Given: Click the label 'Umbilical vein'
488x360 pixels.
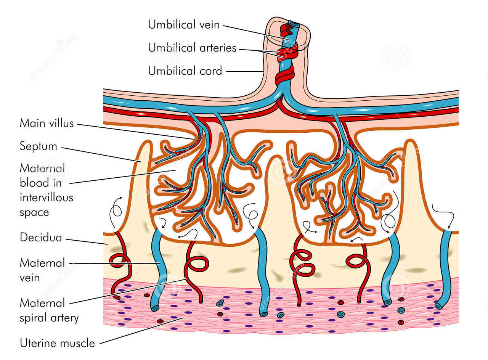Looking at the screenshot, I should click(184, 25).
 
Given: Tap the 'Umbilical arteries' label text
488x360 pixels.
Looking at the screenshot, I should click(192, 48).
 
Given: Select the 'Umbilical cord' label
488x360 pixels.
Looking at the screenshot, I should click(185, 71).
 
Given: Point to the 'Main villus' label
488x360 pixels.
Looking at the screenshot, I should click(47, 123).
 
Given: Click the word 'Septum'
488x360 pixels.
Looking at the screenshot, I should click(39, 146).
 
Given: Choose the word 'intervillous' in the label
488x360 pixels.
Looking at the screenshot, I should click(47, 198).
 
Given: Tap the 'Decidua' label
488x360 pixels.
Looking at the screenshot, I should click(41, 238).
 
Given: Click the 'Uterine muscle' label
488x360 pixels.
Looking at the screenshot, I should click(57, 343).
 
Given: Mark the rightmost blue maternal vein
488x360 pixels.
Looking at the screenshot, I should click(445, 267).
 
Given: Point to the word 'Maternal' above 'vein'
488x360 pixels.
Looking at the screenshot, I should click(42, 263).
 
